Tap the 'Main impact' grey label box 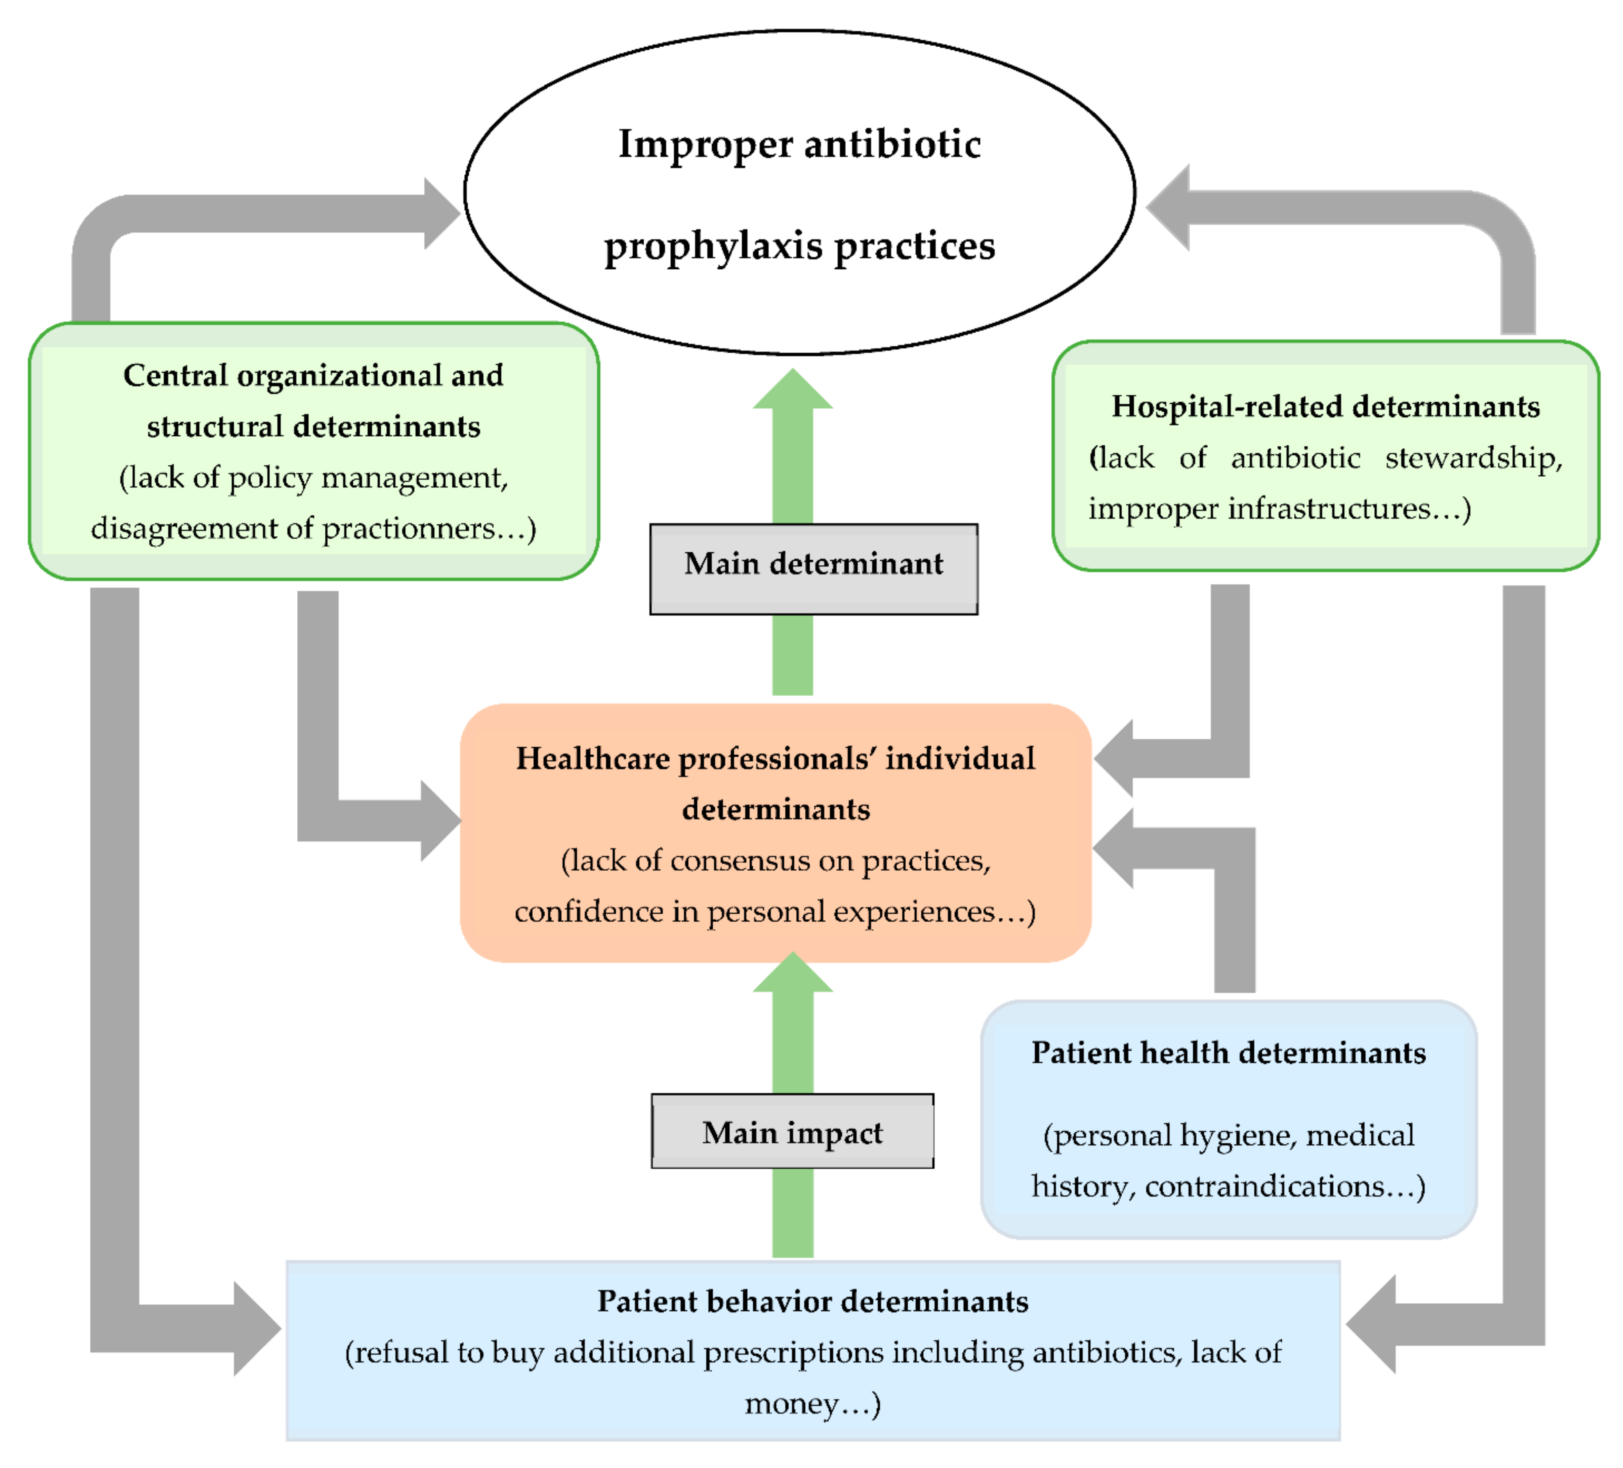pos(792,1130)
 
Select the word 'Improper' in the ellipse pos(705,145)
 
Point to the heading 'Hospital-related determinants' pos(1325,407)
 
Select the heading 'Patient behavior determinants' pos(812,1301)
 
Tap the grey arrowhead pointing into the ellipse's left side pos(440,213)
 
